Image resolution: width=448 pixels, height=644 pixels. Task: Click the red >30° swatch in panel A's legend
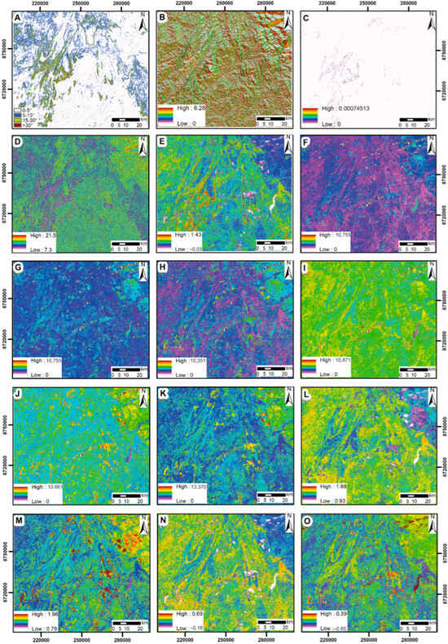click(22, 127)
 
